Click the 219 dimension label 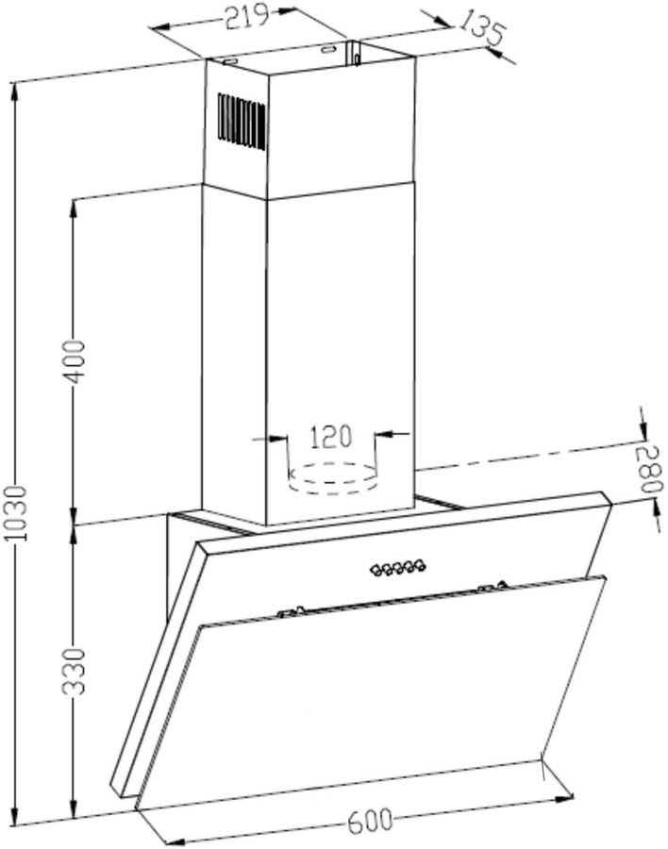point(247,17)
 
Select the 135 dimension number point(481,29)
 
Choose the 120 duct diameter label point(330,437)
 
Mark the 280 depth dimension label point(649,469)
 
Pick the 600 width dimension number point(370,821)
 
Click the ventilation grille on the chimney point(242,121)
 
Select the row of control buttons point(398,568)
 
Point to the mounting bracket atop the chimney point(355,54)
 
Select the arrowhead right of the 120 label point(385,433)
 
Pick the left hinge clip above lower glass point(291,612)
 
